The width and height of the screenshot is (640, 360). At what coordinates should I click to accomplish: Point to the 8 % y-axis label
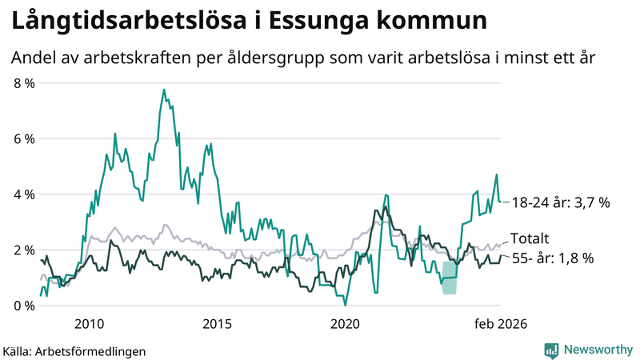point(24,83)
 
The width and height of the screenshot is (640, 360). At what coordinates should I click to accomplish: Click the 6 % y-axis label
point(24,139)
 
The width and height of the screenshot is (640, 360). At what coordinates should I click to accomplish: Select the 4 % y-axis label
point(24,194)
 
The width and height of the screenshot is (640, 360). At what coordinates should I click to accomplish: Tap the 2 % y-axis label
point(24,250)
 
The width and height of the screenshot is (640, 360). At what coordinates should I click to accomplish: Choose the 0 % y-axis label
point(24,306)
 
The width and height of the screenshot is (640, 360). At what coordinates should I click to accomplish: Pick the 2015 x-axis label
point(218,324)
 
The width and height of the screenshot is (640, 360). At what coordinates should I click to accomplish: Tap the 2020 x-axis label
point(346,324)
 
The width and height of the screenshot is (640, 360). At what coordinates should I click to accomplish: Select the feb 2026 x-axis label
point(500,324)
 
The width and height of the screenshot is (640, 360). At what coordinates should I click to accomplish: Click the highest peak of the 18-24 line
point(164,90)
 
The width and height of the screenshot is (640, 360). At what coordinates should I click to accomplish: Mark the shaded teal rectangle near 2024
point(450,278)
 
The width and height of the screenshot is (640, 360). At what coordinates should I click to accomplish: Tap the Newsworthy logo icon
point(551,350)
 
